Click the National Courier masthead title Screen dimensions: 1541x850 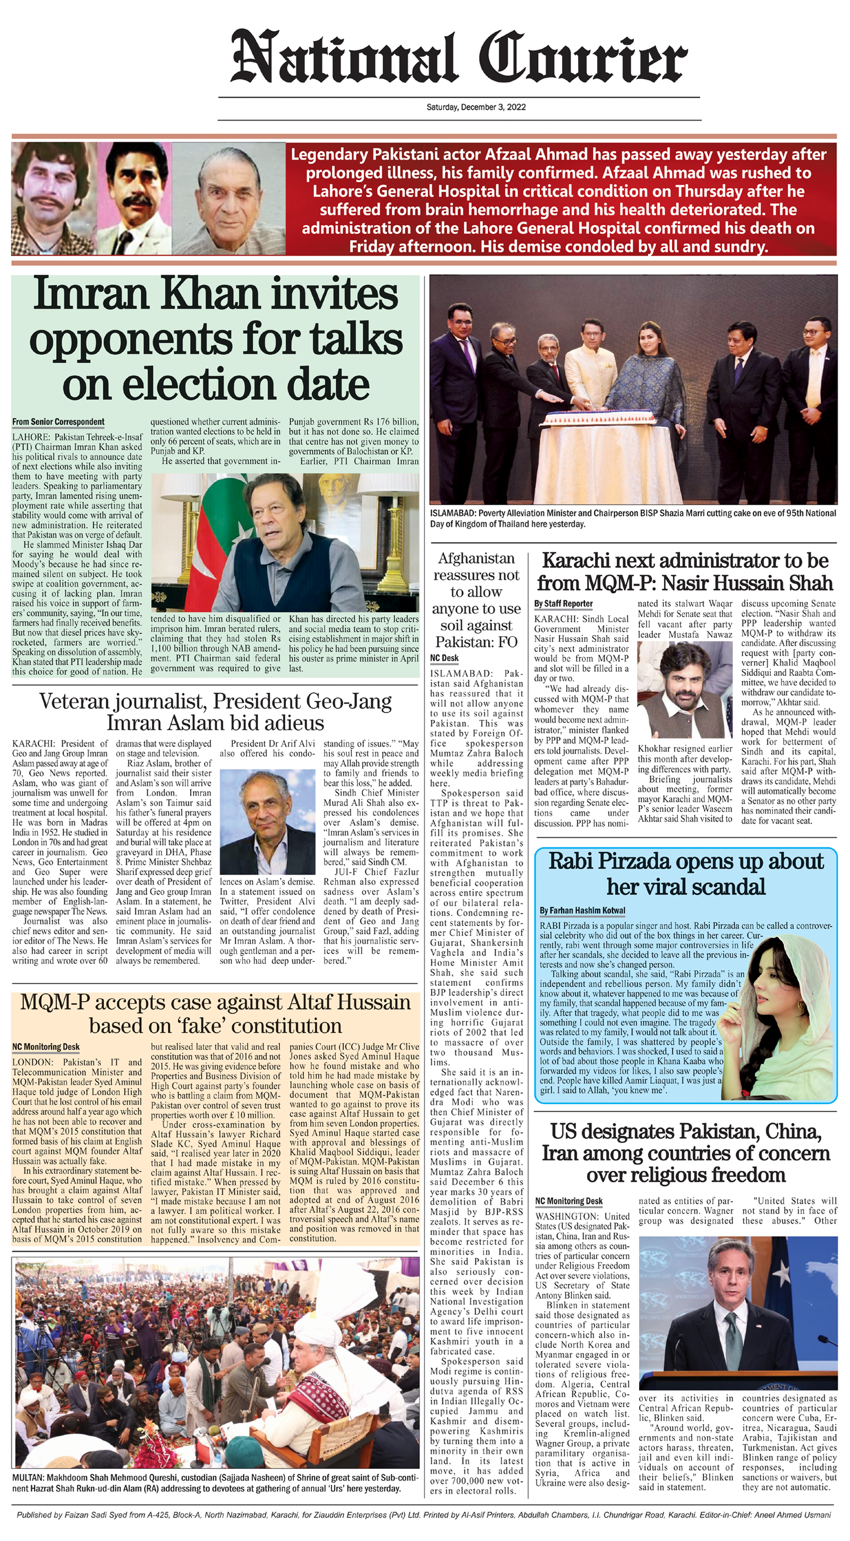coord(459,58)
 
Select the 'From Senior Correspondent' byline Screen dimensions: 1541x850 coord(58,422)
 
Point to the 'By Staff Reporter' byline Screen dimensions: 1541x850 coord(563,604)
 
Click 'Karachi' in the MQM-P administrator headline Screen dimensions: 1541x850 coord(579,561)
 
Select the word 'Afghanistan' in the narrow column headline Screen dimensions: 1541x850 coord(476,558)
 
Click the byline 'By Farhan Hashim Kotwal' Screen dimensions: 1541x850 coord(582,910)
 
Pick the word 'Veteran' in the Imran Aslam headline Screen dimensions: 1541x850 coord(75,701)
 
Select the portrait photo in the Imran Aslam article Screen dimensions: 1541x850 coord(268,822)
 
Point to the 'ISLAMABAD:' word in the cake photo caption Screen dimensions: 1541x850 coord(452,513)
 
